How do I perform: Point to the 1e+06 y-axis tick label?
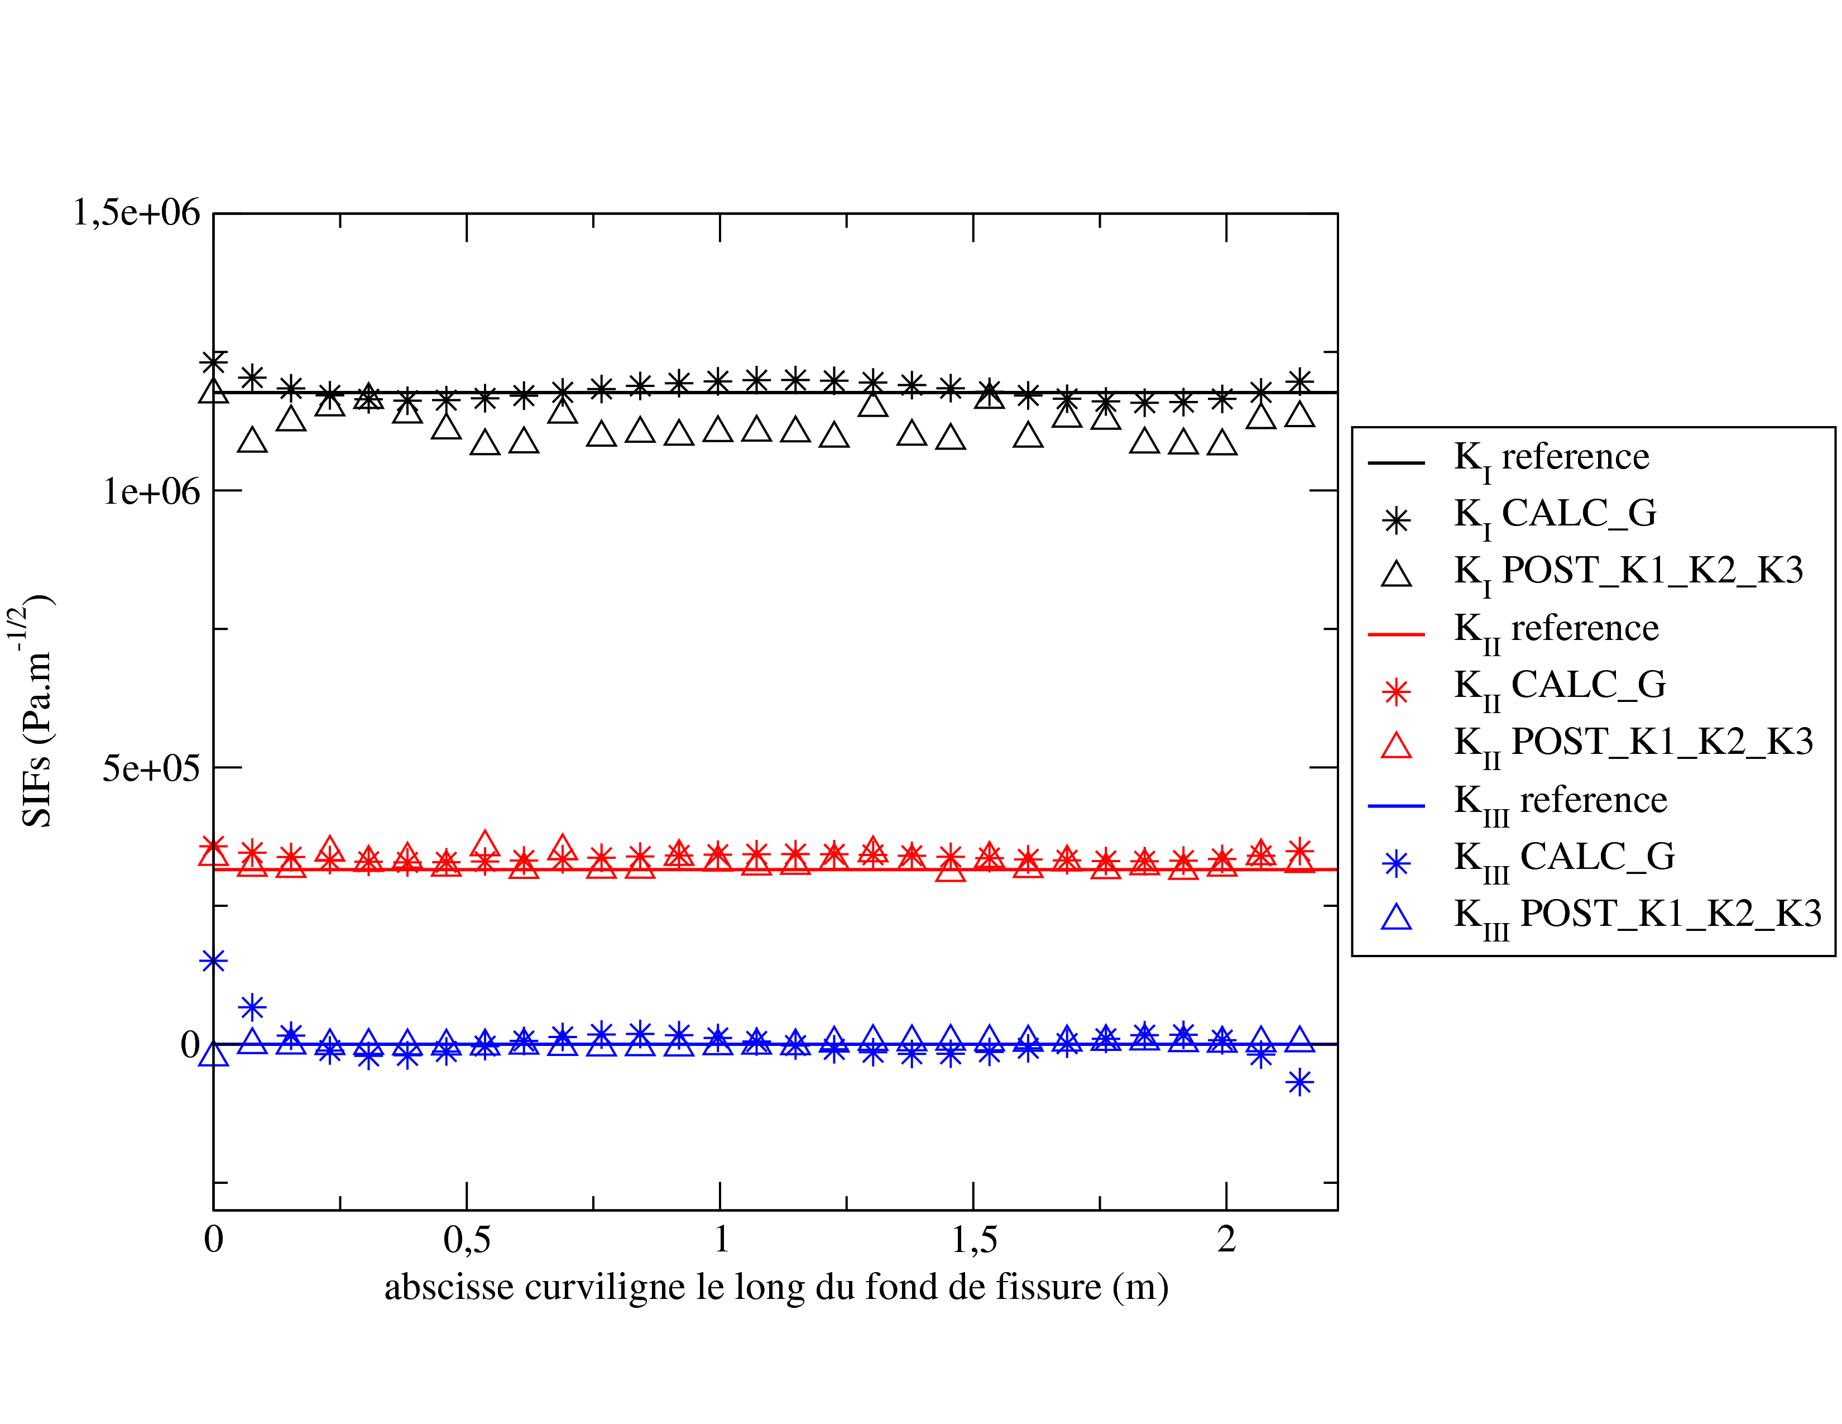click(151, 490)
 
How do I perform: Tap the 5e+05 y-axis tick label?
click(151, 768)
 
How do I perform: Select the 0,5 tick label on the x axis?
click(467, 1239)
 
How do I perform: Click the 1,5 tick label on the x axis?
click(974, 1239)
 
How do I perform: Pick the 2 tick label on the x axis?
click(1226, 1239)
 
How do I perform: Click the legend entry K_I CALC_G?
click(1555, 515)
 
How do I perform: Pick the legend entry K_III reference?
click(1560, 801)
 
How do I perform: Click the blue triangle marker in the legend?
click(1397, 917)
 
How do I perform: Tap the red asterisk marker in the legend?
click(1397, 692)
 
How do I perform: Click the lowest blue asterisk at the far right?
click(1299, 1082)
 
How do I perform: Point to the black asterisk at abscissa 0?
click(213, 362)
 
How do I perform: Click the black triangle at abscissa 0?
click(213, 390)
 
